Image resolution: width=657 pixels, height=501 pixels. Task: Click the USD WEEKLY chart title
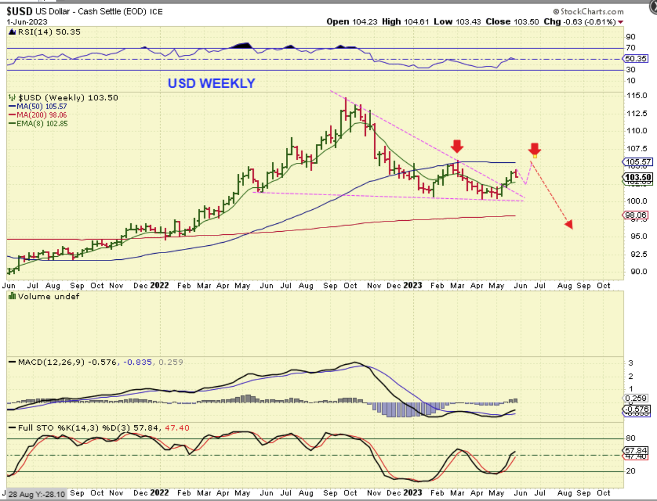[x=211, y=83]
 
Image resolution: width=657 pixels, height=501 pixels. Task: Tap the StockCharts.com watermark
[x=589, y=11]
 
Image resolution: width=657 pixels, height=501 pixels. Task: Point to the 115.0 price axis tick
[x=637, y=96]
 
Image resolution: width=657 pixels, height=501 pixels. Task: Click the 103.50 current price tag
[x=638, y=177]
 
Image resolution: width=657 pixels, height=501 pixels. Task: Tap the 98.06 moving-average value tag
[x=636, y=215]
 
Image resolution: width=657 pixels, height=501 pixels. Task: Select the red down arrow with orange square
[x=534, y=150]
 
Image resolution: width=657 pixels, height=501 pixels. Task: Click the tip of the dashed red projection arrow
[x=570, y=225]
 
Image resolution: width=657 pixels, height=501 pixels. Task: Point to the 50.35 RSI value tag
[x=636, y=59]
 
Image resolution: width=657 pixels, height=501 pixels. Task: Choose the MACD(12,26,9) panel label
[x=51, y=362]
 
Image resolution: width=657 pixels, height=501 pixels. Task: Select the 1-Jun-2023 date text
[x=27, y=22]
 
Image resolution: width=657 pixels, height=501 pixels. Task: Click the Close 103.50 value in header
[x=512, y=21]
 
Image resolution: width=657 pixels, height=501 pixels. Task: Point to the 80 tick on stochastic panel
[x=631, y=438]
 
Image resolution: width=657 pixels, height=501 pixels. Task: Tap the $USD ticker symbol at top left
[x=19, y=11]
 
